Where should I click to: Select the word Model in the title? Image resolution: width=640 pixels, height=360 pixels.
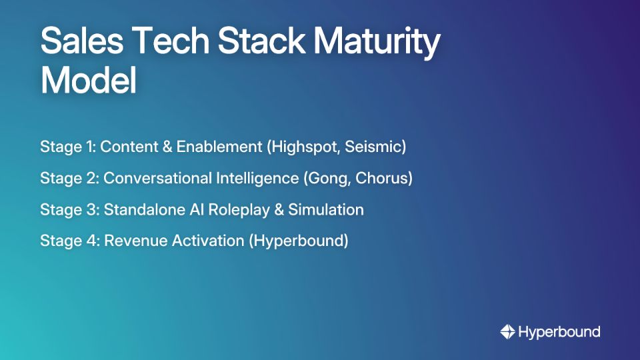coord(88,81)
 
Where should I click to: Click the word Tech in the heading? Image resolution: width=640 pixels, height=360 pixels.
coord(175,42)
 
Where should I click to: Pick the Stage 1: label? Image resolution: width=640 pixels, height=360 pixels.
coord(68,147)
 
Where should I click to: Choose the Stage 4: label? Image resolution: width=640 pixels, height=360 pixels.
coord(69,241)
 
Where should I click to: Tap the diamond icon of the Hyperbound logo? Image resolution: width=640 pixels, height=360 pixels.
coord(507,331)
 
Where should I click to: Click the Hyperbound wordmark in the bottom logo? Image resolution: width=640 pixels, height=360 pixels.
coord(559,331)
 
